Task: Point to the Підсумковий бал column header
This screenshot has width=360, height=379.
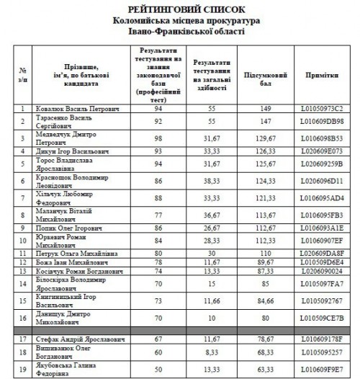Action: point(268,74)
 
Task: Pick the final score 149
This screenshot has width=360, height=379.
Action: point(268,109)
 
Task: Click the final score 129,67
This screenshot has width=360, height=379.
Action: point(268,136)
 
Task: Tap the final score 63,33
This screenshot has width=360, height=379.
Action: point(268,370)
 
